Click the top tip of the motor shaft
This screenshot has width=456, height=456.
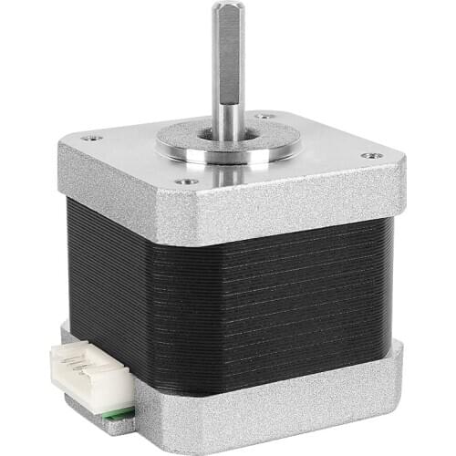click(x=227, y=7)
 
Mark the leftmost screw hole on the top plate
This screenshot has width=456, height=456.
click(x=90, y=138)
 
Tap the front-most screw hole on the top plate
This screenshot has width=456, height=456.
click(x=186, y=181)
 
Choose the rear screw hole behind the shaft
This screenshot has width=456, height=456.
click(x=265, y=116)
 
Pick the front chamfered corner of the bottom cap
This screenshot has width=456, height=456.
click(x=139, y=415)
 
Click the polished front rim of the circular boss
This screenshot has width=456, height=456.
click(x=228, y=157)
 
